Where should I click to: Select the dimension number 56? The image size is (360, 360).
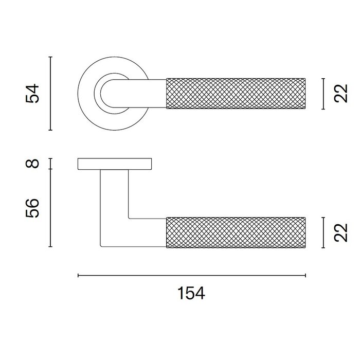(x=33, y=208)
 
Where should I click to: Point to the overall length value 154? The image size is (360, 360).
(x=191, y=294)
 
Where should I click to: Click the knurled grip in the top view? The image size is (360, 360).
(x=237, y=94)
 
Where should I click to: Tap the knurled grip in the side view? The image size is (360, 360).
(x=237, y=232)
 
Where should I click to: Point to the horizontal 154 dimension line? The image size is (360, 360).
(x=191, y=276)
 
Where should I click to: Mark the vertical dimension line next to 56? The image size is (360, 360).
(x=50, y=208)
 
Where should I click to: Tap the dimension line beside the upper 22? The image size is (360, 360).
(x=322, y=94)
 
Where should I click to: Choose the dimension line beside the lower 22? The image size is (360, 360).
(x=322, y=232)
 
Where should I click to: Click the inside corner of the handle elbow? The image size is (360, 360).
(x=129, y=218)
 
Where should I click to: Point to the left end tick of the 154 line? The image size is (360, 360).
(x=78, y=276)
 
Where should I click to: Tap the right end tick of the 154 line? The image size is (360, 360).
(x=306, y=276)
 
